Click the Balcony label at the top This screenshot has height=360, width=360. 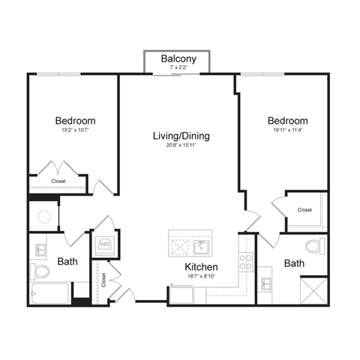(x=178, y=58)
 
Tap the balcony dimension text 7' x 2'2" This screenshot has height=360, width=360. (x=178, y=68)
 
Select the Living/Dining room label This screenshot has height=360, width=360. (x=181, y=136)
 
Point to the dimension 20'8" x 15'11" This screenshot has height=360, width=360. (x=181, y=145)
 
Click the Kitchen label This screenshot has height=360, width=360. (x=201, y=267)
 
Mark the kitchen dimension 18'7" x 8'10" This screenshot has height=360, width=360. (x=201, y=277)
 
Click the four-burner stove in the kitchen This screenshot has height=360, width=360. (x=245, y=262)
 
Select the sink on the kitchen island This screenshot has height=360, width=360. (x=201, y=247)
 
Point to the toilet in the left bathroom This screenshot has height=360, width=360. (x=40, y=271)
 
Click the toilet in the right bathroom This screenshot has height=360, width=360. (x=316, y=245)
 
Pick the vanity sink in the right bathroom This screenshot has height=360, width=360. (x=266, y=283)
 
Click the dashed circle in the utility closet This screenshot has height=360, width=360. (x=44, y=217)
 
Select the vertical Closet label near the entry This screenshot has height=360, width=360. (x=103, y=280)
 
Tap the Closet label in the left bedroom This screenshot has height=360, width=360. (x=58, y=181)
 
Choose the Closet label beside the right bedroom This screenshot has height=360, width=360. (x=304, y=210)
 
